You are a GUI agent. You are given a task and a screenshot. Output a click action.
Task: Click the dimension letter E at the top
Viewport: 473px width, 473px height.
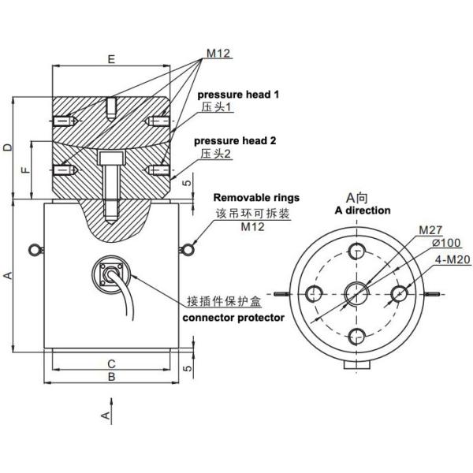[110, 58]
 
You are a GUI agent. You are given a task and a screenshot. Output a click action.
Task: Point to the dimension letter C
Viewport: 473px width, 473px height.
[111, 363]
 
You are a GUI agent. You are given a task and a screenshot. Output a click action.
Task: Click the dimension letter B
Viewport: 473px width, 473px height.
[111, 378]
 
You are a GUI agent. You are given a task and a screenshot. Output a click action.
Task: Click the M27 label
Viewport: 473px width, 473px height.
[430, 230]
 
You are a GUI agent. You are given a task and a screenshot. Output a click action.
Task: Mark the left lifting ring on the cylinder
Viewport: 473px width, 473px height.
[33, 250]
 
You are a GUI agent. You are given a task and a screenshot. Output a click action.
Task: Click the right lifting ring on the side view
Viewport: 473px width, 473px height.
[188, 250]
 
